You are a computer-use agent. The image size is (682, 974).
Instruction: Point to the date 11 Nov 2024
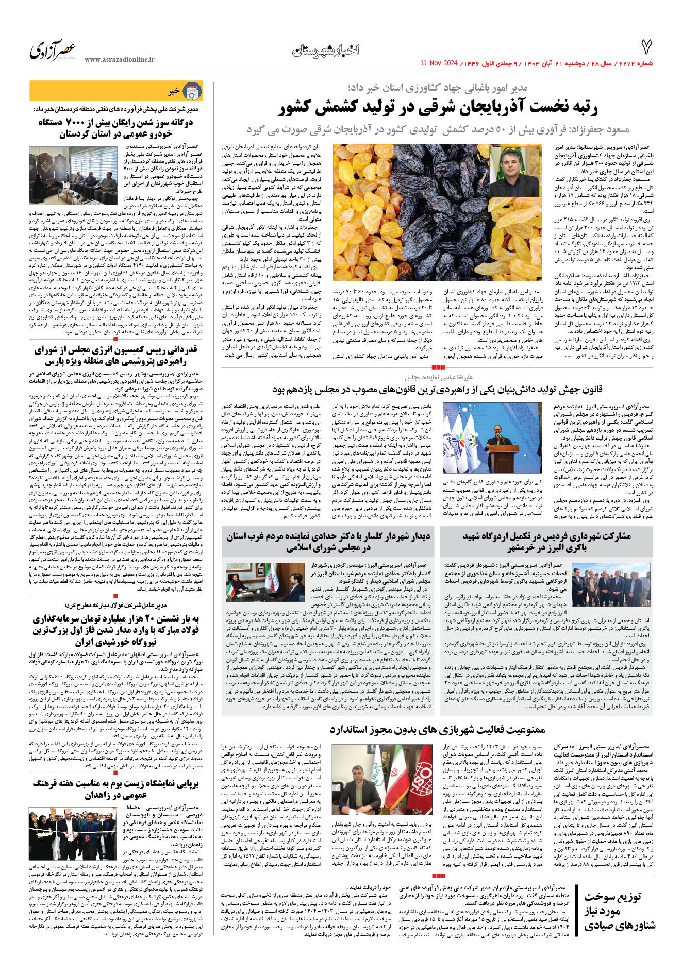pos(439,63)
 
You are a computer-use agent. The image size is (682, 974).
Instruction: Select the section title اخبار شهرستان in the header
pos(325,50)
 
